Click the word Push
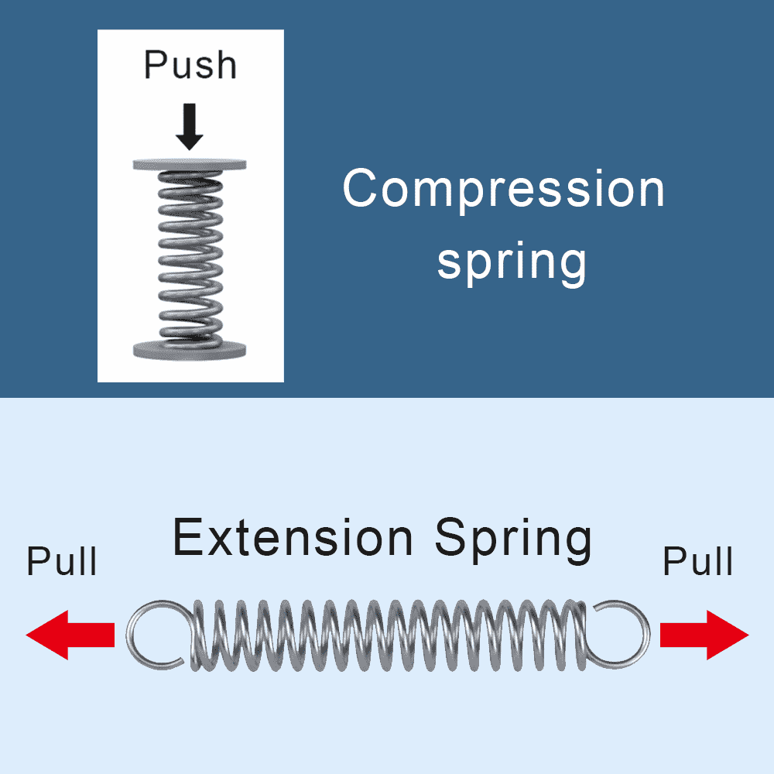pyautogui.click(x=190, y=65)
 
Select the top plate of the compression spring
pyautogui.click(x=190, y=164)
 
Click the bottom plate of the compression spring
pyautogui.click(x=190, y=348)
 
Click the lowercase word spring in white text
pyautogui.click(x=512, y=262)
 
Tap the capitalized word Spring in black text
pyautogui.click(x=513, y=539)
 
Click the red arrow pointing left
pyautogui.click(x=70, y=635)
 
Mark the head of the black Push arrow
pyautogui.click(x=189, y=140)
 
